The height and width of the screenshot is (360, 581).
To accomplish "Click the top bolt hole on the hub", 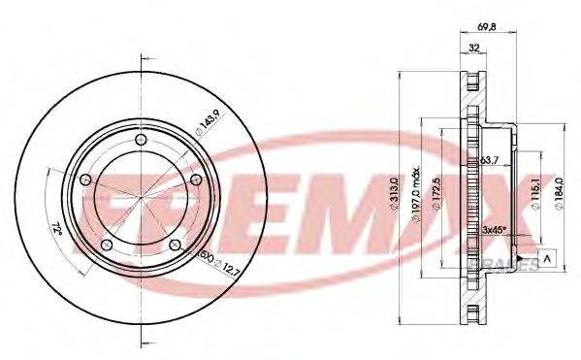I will (x=142, y=142).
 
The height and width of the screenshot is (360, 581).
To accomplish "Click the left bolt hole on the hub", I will (x=84, y=179).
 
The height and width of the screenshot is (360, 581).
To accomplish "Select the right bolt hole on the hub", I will (x=196, y=179).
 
